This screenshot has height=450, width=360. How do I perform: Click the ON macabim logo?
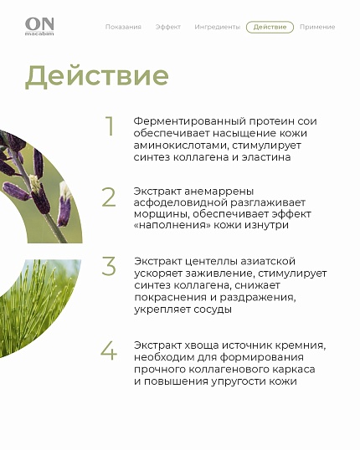coord(39,27)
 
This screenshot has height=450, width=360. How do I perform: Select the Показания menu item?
coord(123,27)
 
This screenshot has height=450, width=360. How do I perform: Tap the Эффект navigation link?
coord(168,27)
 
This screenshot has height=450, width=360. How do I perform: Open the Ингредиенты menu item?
coord(217,27)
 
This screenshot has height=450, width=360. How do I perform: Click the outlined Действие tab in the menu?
coord(270,27)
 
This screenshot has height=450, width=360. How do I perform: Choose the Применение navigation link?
coord(317,27)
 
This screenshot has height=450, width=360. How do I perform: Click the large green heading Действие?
coord(97,76)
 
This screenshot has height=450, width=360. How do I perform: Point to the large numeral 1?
coord(110,126)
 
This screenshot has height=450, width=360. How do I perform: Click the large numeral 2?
coord(109,197)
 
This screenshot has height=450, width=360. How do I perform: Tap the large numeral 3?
coord(109,266)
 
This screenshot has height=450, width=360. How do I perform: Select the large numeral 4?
coord(109,350)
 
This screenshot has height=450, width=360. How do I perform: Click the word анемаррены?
coord(219,192)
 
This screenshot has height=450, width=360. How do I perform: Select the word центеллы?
coord(211,262)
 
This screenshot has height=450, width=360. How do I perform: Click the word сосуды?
coord(213,309)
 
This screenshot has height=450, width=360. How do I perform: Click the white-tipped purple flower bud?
coord(64,204)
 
